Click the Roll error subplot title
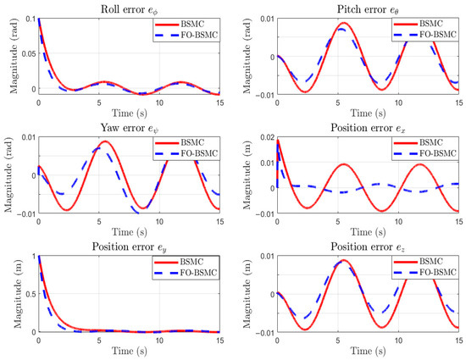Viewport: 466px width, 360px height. pos(130,10)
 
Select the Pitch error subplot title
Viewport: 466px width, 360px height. pos(368,10)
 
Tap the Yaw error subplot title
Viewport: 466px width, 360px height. pos(130,128)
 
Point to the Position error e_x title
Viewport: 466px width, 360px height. pos(368,128)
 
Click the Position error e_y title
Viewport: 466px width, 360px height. pos(130,247)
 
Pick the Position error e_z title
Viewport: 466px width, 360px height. pos(368,247)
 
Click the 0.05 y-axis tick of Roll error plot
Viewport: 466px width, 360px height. pos(29,53)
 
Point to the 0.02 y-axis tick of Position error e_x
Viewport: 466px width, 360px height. pos(268,137)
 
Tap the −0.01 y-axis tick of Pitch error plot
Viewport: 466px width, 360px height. pos(265,95)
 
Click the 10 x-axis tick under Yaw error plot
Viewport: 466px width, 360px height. pos(159,222)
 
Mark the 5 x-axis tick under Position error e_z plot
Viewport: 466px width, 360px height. pos(338,341)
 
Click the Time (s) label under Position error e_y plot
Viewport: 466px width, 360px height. pos(130,351)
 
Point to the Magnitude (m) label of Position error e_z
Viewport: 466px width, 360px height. pos(247,294)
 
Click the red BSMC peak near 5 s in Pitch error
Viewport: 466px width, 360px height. pos(344,23)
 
